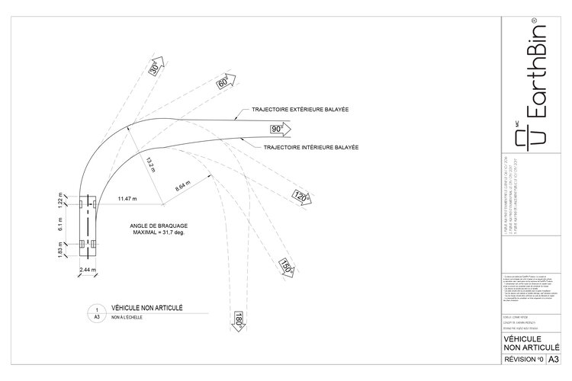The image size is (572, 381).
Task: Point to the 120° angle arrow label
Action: click(x=300, y=198)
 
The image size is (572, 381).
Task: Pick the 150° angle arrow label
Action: click(x=286, y=267)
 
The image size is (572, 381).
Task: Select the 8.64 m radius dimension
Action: click(x=185, y=185)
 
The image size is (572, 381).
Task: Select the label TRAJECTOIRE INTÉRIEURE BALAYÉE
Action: click(x=312, y=146)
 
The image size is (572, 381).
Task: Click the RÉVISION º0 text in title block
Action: click(x=523, y=358)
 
